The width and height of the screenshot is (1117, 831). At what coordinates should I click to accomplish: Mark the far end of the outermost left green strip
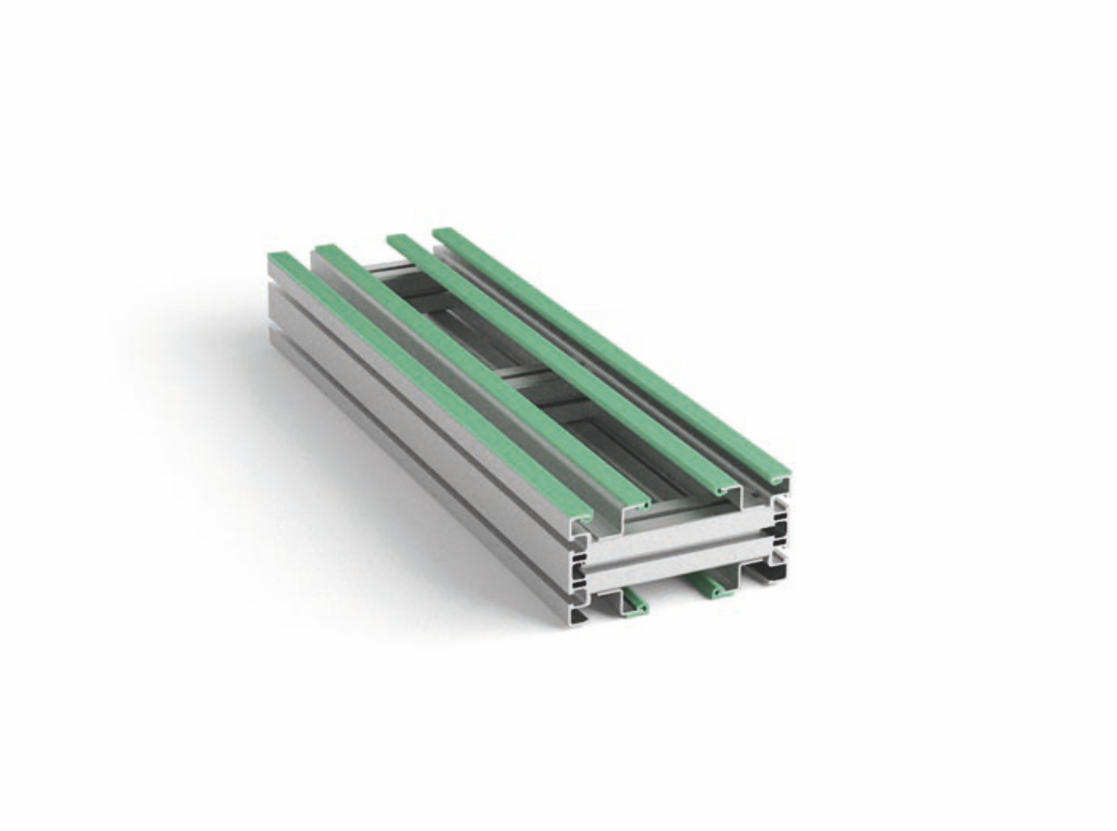(x=279, y=257)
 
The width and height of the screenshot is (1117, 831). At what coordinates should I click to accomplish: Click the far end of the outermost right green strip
(x=445, y=234)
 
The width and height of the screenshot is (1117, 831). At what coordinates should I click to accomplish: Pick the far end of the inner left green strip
(x=328, y=250)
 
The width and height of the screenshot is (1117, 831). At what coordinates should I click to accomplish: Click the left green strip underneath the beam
(x=634, y=602)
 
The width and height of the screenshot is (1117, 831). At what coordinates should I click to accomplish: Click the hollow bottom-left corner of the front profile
(x=579, y=617)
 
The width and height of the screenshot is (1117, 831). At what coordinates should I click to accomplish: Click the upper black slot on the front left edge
(x=579, y=557)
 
